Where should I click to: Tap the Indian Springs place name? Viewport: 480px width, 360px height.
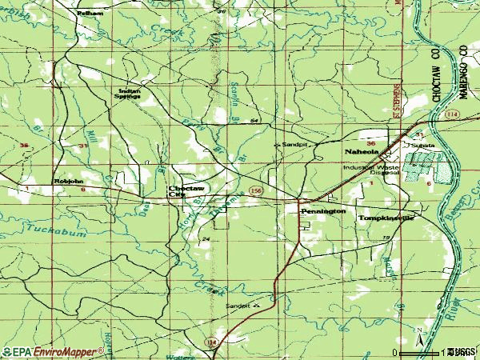coord(129,94)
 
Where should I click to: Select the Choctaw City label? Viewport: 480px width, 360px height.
coord(180,190)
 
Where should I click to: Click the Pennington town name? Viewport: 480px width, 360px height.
coord(323,210)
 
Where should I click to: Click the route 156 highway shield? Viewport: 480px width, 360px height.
coord(254,190)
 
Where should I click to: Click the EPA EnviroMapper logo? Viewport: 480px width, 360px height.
coord(53,350)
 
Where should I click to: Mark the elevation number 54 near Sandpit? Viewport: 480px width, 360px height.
coord(254,120)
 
